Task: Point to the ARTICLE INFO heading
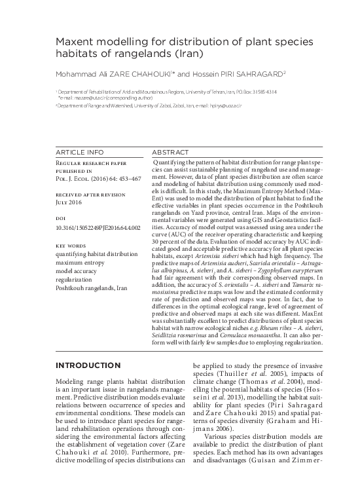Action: pos(79,151)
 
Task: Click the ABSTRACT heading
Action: pos(171,151)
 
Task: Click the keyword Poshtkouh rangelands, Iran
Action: pos(94,287)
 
